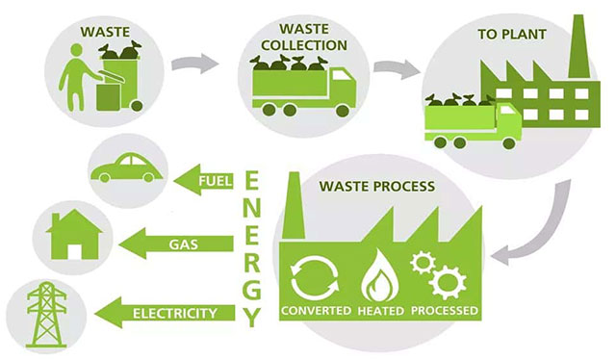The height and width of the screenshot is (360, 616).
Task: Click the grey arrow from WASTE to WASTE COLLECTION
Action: click(192, 64)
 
